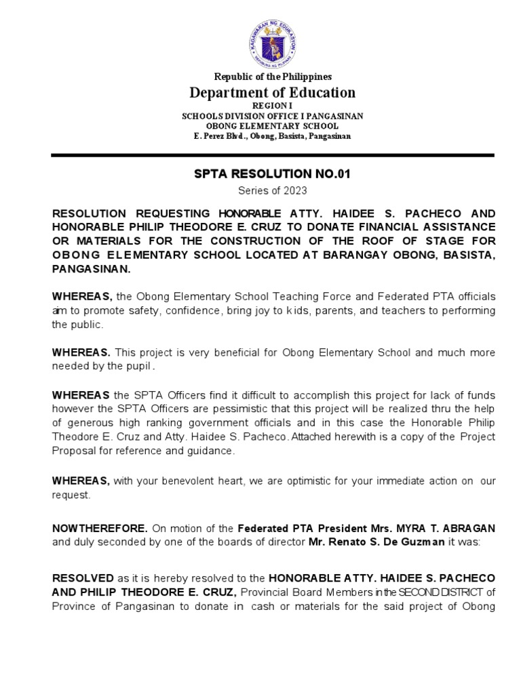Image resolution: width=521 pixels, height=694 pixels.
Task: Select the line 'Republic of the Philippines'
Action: point(273,77)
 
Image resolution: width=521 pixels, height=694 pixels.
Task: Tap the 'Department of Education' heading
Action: point(273,93)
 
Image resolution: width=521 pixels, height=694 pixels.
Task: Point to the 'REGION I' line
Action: point(273,106)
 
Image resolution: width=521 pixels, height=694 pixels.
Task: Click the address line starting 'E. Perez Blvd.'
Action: point(273,136)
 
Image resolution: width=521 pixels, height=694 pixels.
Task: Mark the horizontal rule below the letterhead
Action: point(273,155)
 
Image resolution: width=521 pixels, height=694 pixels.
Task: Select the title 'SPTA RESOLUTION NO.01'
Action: point(273,175)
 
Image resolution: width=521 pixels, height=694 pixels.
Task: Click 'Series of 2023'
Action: point(273,191)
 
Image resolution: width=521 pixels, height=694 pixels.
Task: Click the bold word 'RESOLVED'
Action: point(83,578)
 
